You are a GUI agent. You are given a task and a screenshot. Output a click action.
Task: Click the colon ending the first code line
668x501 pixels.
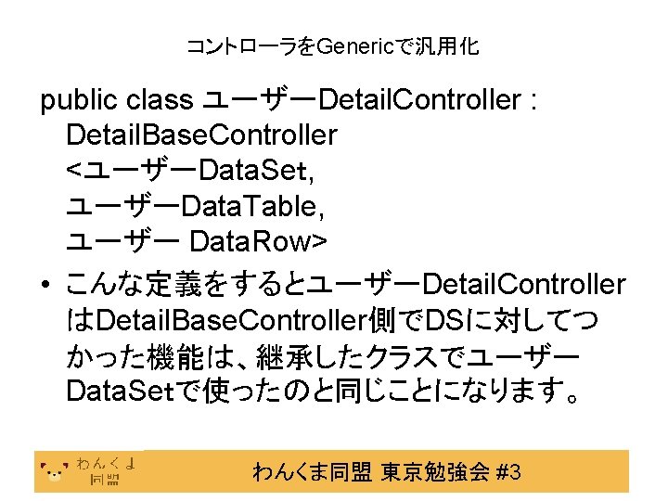(x=531, y=100)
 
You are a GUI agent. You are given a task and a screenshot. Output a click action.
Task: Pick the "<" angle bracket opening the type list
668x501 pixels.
(x=73, y=171)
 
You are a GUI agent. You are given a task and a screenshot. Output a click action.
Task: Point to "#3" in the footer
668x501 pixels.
(x=508, y=473)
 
